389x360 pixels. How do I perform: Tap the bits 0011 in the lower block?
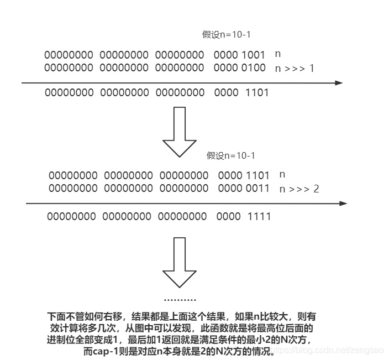point(258,189)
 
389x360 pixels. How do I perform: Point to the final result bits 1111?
point(259,217)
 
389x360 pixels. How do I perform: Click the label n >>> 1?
point(295,69)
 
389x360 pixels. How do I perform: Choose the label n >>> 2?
point(299,189)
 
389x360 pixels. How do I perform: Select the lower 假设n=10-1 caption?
point(231,155)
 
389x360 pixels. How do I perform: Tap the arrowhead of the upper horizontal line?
point(338,83)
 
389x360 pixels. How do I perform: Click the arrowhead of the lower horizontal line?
point(343,204)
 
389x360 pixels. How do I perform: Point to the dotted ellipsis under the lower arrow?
point(180,300)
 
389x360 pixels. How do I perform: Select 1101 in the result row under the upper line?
point(256,93)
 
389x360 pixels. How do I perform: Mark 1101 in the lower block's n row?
point(258,175)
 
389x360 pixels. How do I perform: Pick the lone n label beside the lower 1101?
point(282,175)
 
